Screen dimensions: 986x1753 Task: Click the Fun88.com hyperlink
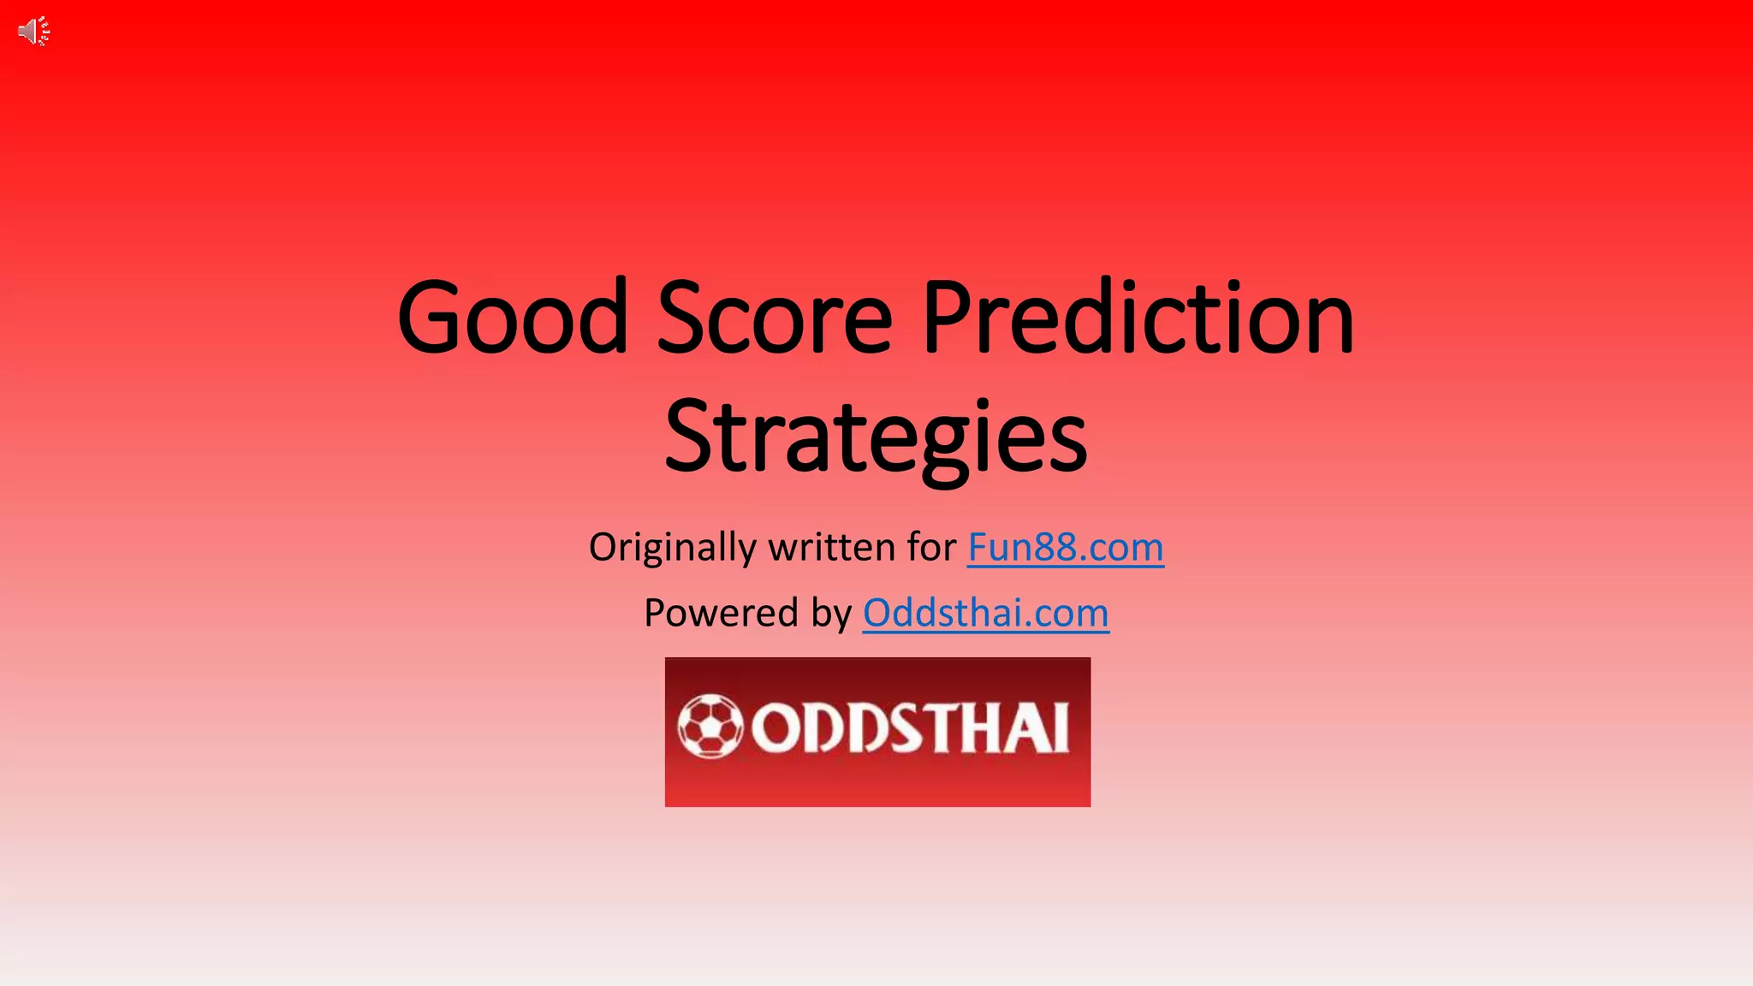click(x=1066, y=548)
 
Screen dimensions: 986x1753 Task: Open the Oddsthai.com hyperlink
click(x=985, y=614)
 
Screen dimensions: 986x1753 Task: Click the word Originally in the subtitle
click(x=672, y=548)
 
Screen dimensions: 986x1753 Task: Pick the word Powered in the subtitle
click(x=721, y=614)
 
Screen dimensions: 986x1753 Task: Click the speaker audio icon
click(x=33, y=32)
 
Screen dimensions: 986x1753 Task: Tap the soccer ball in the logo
click(x=710, y=727)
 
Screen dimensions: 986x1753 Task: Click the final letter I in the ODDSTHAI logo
click(x=1061, y=728)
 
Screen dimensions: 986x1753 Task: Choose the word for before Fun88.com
click(x=932, y=548)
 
